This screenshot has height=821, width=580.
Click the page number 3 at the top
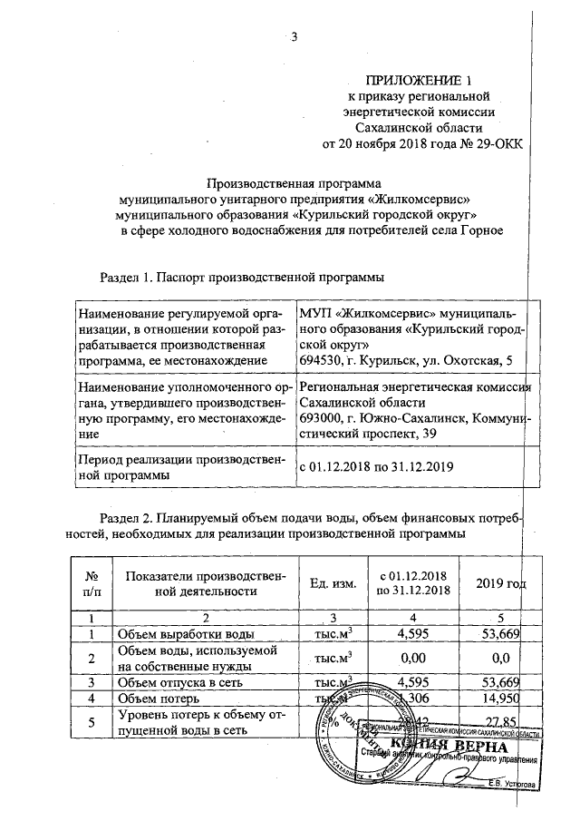293,37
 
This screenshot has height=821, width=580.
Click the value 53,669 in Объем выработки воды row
496,632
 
